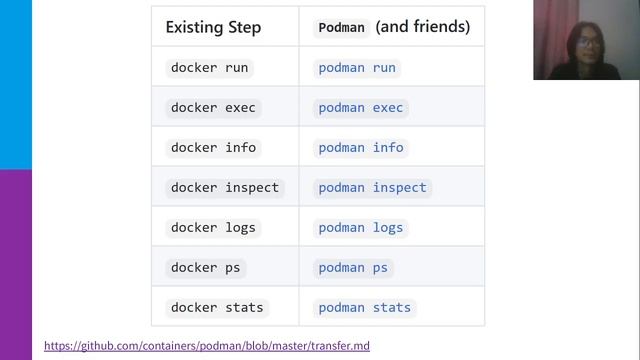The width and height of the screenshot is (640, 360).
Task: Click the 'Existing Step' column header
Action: [x=213, y=27]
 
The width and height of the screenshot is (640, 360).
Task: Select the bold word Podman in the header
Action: [x=342, y=28]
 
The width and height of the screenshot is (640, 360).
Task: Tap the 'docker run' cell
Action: [x=209, y=68]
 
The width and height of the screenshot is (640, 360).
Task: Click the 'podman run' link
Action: [x=357, y=68]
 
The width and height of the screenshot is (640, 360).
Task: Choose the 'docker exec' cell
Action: [x=213, y=108]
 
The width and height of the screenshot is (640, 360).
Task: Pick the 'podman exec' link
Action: [x=361, y=108]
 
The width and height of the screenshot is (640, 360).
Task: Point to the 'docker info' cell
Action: [x=213, y=148]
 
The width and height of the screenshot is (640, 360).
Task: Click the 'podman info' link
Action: [x=361, y=148]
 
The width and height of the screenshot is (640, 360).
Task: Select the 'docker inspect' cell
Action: [x=225, y=188]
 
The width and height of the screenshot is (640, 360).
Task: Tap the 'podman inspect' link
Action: [x=372, y=188]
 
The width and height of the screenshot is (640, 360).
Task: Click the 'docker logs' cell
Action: [x=213, y=228]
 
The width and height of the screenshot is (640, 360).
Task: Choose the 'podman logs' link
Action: [x=361, y=228]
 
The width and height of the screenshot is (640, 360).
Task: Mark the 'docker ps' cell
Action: [x=205, y=268]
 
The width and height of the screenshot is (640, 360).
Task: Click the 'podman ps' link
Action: [x=353, y=268]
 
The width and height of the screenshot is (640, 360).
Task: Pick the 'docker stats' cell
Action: [x=217, y=307]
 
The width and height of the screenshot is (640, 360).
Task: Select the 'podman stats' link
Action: [x=365, y=307]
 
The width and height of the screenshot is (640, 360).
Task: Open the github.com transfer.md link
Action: [x=207, y=346]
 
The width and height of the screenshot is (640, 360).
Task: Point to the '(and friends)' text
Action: [x=422, y=27]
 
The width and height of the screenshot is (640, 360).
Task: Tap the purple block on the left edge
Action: [x=16, y=260]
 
